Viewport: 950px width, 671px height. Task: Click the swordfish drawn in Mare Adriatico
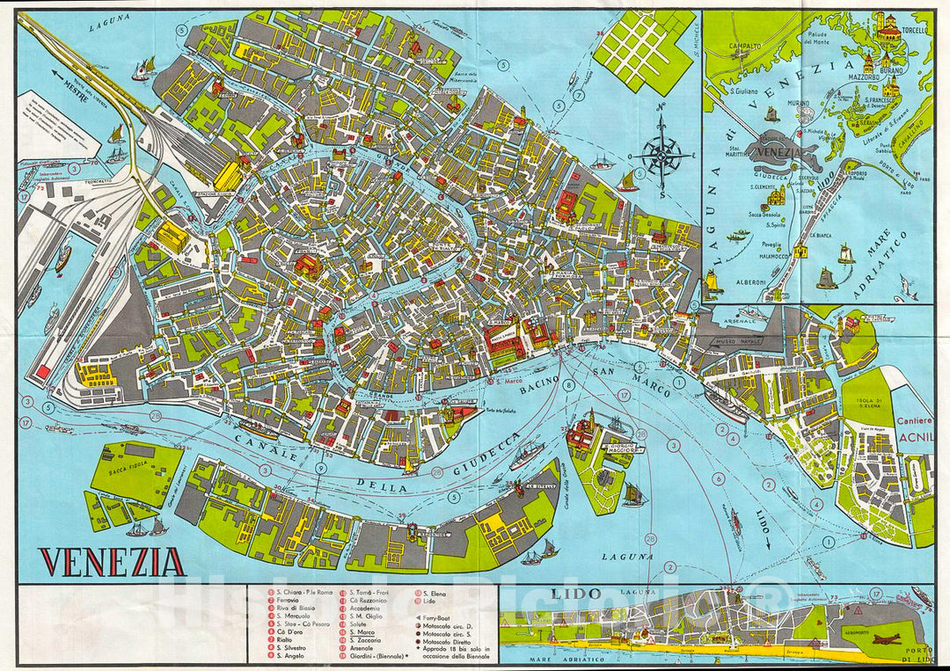pos(906,286)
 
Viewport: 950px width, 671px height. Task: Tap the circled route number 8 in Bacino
pos(569,384)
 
